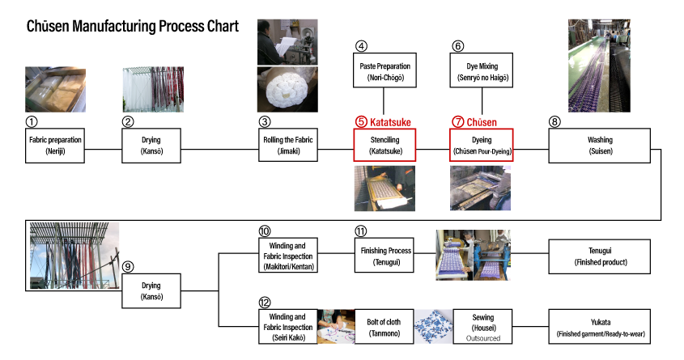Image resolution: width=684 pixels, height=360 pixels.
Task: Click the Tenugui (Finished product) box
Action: click(x=599, y=256)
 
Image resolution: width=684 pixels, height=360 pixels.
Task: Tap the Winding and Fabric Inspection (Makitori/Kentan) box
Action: click(x=288, y=256)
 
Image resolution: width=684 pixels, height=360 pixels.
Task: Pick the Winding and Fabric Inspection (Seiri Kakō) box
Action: click(x=288, y=327)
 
